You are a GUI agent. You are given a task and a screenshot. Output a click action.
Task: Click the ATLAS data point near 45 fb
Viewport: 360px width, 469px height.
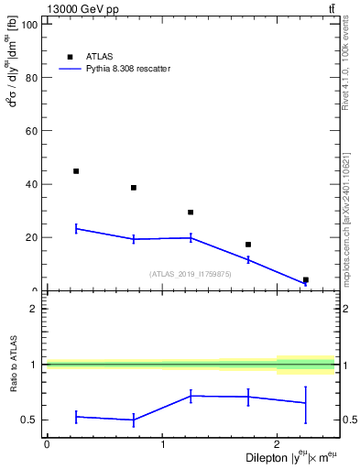point(76,171)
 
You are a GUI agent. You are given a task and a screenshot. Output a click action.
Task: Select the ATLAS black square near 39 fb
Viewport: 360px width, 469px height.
point(134,188)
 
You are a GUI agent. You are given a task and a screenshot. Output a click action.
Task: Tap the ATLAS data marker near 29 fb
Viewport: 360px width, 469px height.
point(191,213)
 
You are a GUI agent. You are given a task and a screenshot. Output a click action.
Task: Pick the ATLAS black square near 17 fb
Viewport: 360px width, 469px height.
point(248,245)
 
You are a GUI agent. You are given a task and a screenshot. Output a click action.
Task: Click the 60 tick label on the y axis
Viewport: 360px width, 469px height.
point(32,131)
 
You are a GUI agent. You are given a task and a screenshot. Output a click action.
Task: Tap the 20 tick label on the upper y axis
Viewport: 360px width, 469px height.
point(32,237)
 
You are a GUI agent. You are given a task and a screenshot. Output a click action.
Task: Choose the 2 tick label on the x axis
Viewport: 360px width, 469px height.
point(277,443)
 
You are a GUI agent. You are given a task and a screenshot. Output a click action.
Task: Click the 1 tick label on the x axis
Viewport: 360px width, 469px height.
point(162,443)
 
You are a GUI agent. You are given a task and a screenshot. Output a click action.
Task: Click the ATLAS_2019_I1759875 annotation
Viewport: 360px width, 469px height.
point(191,274)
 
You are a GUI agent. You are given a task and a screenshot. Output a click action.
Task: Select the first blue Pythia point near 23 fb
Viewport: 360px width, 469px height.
point(76,228)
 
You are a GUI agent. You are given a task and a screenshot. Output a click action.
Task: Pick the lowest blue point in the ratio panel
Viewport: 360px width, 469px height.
point(134,420)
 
